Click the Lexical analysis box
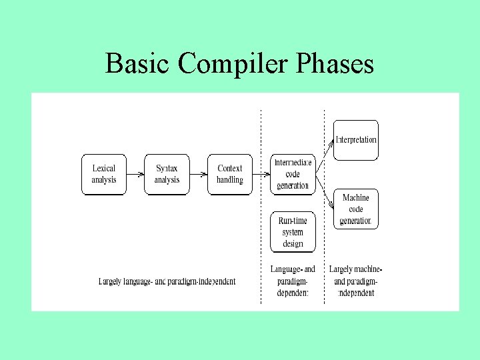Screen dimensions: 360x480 click(x=103, y=174)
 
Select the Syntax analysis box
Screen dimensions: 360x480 click(x=167, y=174)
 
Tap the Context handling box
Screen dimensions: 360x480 click(x=230, y=174)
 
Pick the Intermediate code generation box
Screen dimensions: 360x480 click(x=293, y=174)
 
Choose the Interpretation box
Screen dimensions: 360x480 click(x=356, y=140)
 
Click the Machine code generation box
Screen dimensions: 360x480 click(x=356, y=209)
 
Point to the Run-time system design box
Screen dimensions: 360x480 click(x=293, y=231)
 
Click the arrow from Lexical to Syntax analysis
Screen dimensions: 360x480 click(x=135, y=175)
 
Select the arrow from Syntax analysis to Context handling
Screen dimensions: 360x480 click(x=199, y=175)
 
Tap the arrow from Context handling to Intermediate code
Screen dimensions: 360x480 click(x=261, y=175)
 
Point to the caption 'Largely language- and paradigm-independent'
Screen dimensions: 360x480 click(x=167, y=281)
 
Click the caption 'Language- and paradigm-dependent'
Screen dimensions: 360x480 click(x=293, y=281)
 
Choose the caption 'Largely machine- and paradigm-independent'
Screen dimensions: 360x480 click(x=355, y=281)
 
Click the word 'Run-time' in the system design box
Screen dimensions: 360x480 click(x=293, y=221)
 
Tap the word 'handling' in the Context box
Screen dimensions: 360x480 click(x=230, y=180)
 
